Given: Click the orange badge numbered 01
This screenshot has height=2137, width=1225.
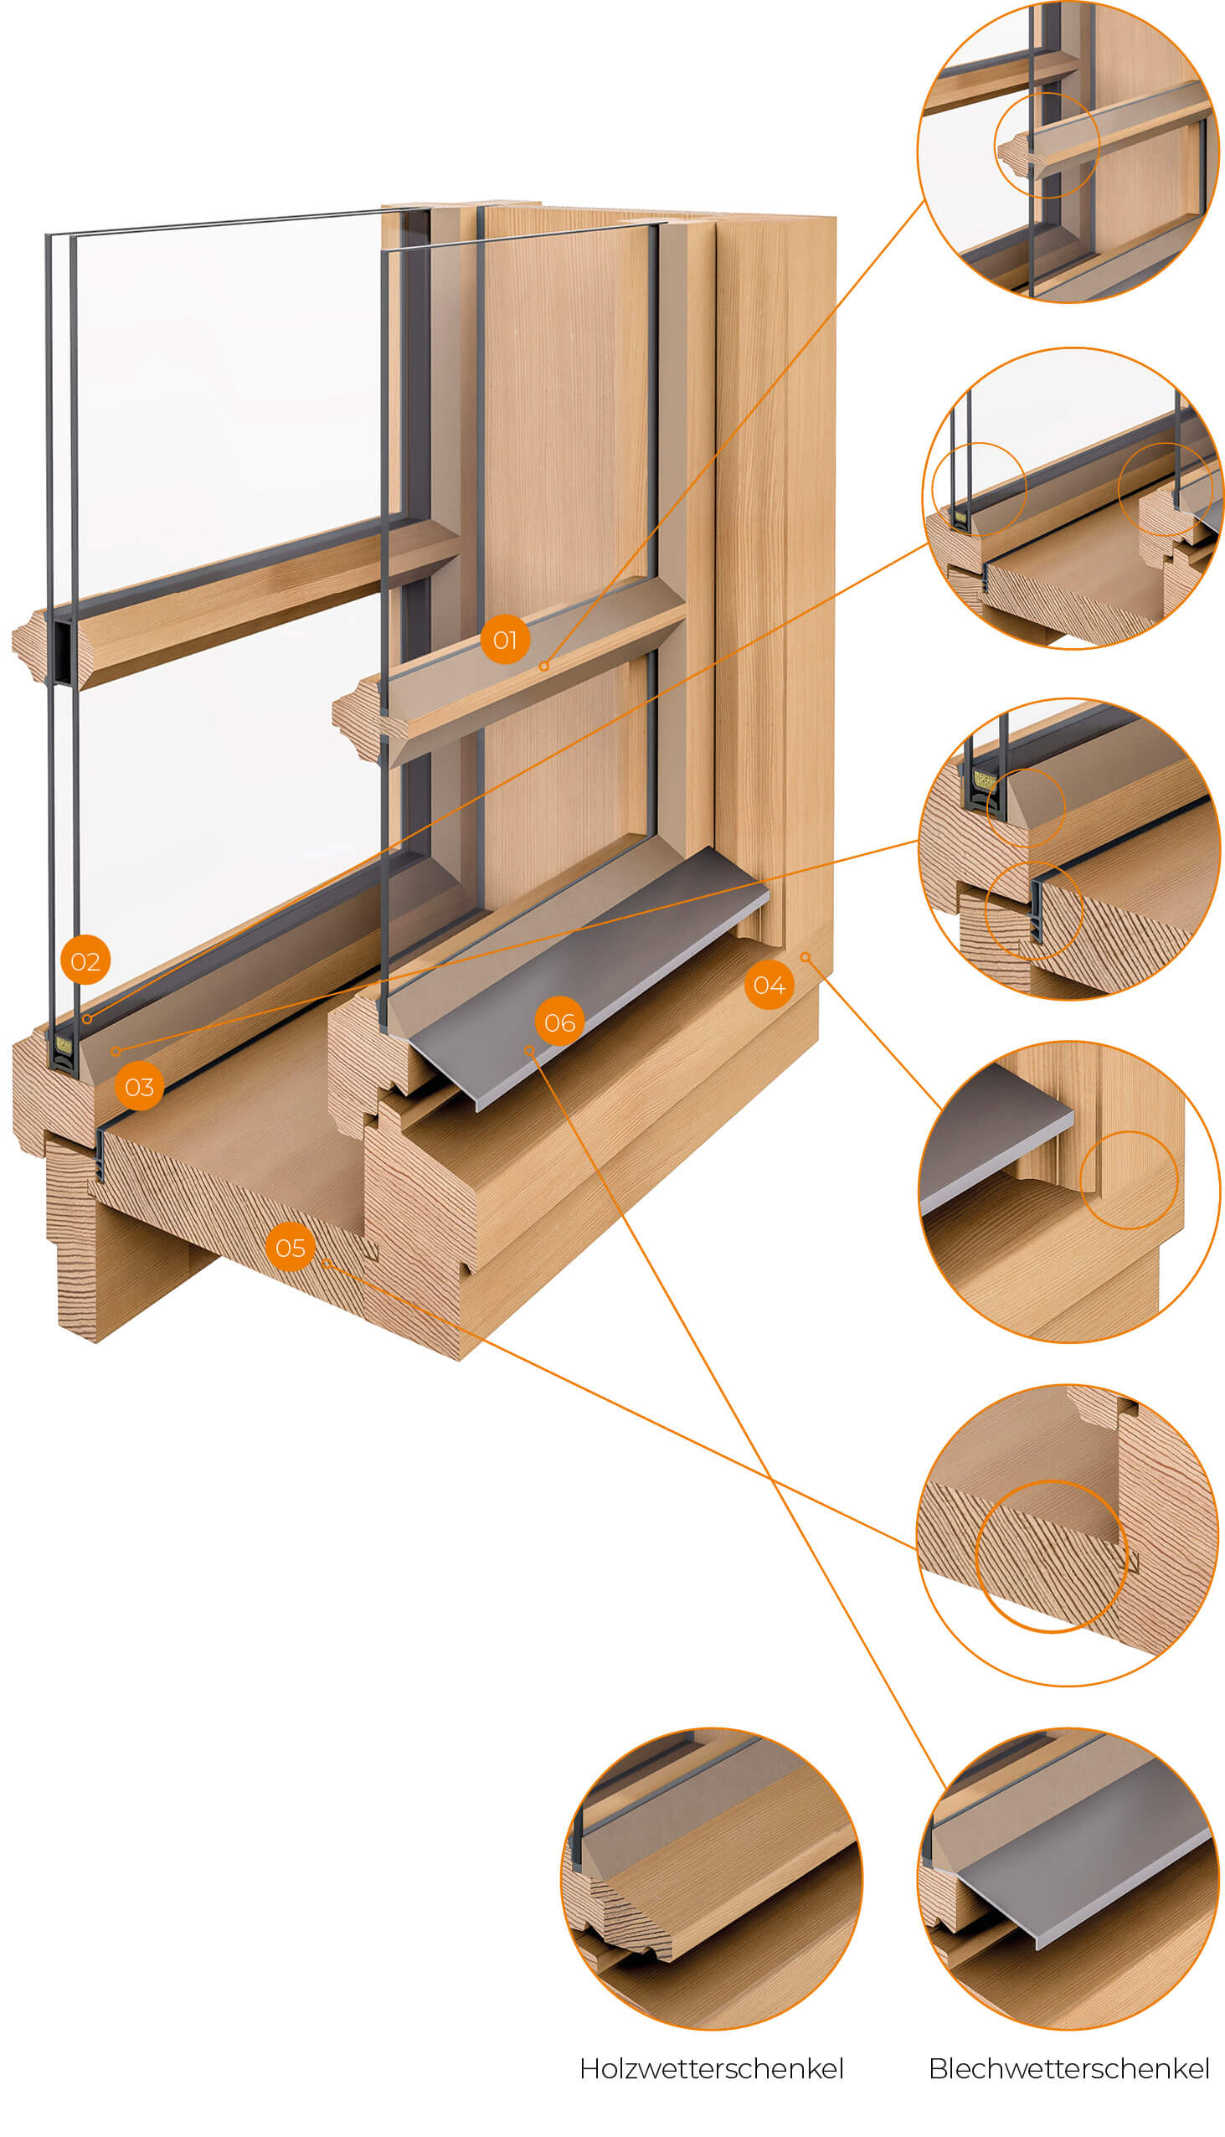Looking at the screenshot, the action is tap(505, 640).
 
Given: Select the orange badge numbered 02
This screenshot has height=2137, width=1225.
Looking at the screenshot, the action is tap(85, 960).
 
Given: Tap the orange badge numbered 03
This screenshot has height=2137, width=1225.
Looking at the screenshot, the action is tap(139, 1086).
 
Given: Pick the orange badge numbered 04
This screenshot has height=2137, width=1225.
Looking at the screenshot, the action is tap(769, 985).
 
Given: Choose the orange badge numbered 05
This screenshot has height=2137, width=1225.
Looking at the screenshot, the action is tap(291, 1247).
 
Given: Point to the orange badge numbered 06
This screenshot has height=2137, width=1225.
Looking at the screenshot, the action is tap(559, 1022).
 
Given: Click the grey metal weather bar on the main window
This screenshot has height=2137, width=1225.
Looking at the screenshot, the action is tap(589, 976).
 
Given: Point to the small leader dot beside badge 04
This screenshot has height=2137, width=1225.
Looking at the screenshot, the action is tap(806, 956).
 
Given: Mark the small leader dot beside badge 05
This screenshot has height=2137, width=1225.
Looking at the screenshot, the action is tap(326, 1263).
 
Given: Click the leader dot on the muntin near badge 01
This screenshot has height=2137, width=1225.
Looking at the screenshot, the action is tap(544, 666).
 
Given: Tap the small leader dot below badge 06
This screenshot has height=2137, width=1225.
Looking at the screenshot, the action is tap(529, 1050).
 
